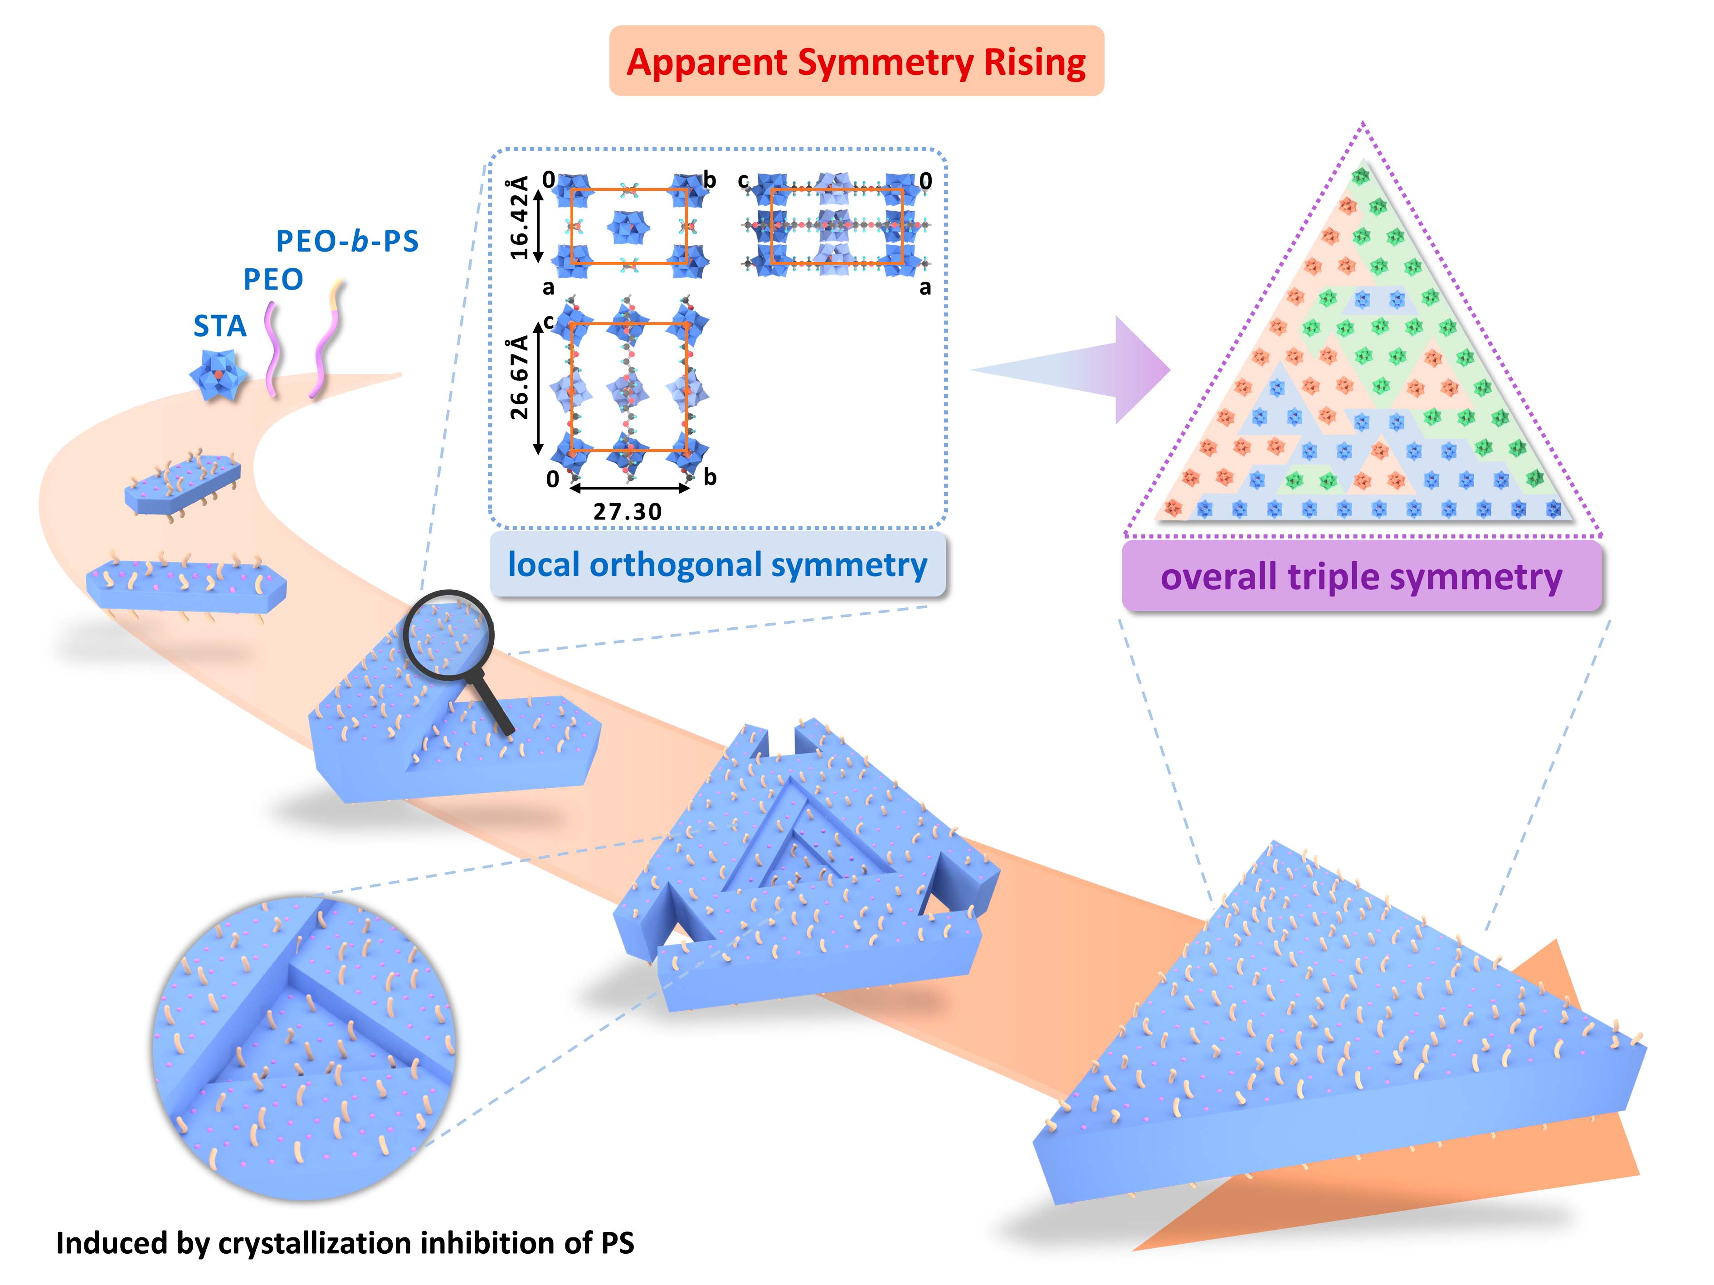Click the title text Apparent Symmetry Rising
click(x=856, y=62)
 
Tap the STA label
click(x=220, y=326)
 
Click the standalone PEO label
click(x=273, y=279)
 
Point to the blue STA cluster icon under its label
click(x=219, y=375)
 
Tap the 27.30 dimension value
click(x=628, y=511)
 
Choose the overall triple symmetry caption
click(x=1361, y=576)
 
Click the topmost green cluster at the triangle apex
click(x=1360, y=177)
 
